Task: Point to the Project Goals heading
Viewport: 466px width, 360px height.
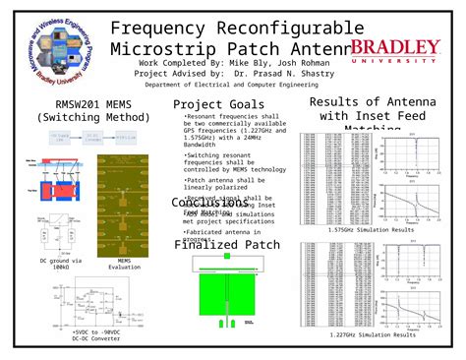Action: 218,105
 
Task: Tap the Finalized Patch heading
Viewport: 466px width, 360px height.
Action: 227,245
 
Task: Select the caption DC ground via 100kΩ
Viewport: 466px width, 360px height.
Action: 61,264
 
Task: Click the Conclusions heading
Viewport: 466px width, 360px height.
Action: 210,204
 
